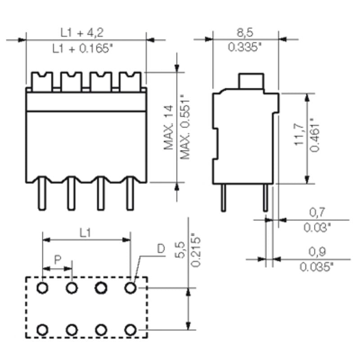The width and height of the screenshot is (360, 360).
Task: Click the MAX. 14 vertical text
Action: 169,127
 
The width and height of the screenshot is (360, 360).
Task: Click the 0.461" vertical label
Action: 315,135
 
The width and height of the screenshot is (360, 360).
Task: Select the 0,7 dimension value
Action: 317,212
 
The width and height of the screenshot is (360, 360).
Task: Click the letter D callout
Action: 161,248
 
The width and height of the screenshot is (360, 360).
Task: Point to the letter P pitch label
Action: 57,260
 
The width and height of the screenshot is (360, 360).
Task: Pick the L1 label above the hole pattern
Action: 85,232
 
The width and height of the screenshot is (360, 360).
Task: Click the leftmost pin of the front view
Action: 41,193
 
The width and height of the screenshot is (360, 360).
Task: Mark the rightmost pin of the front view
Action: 130,193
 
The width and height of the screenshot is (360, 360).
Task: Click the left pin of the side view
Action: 223,198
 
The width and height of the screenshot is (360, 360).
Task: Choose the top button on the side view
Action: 251,81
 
